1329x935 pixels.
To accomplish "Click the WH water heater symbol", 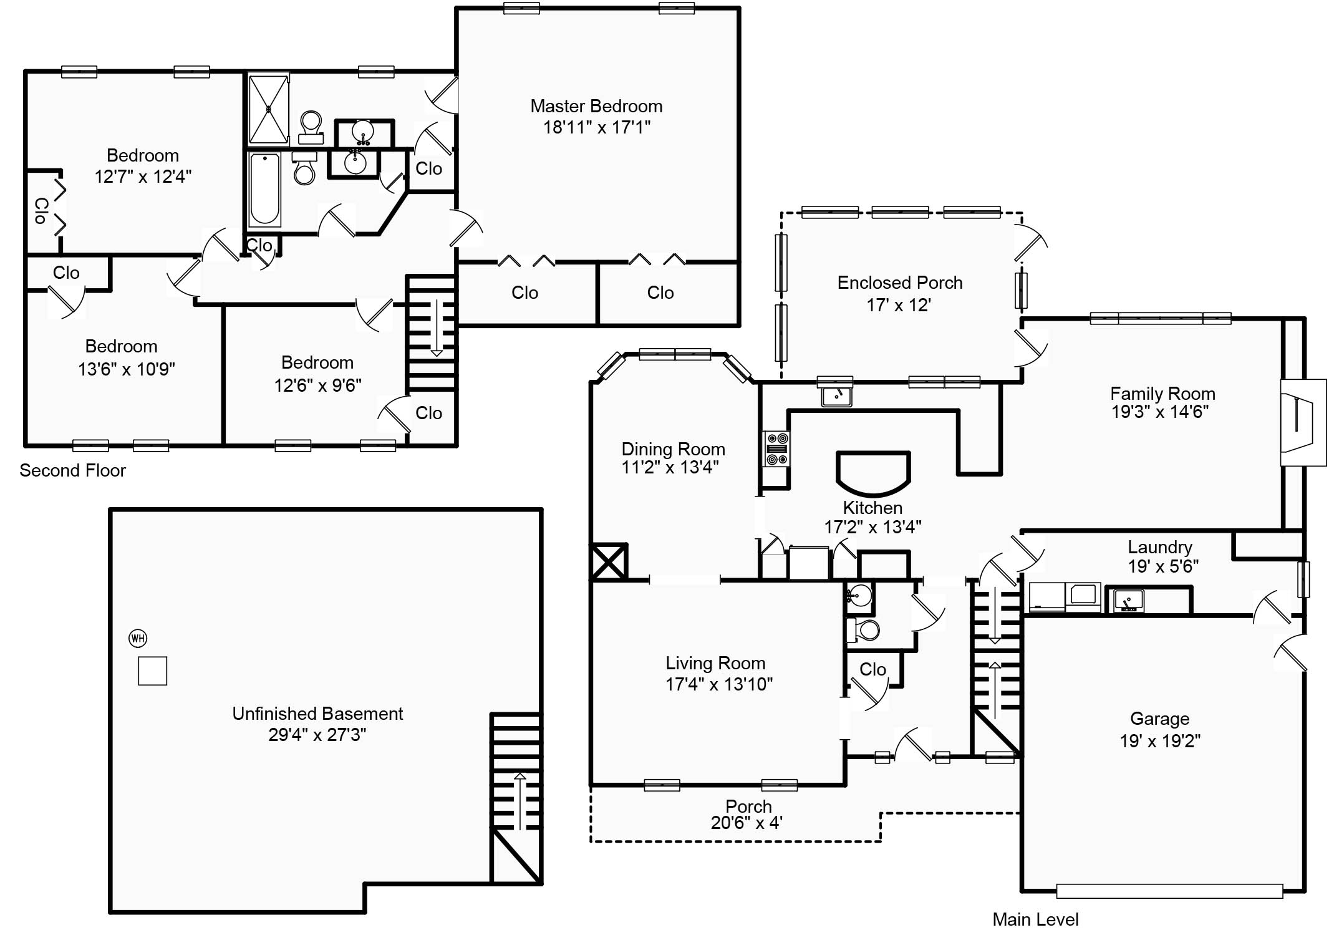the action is point(138,638).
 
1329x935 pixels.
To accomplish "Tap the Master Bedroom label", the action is point(596,106).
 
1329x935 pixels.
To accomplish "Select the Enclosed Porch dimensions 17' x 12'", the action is point(899,305).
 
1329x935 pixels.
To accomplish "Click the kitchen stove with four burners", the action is point(777,448).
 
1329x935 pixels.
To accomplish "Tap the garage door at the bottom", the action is point(1169,891).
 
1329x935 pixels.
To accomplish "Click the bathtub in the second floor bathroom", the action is point(264,189).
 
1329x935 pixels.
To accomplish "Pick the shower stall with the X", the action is point(269,109).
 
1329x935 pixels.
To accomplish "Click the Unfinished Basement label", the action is point(317,714).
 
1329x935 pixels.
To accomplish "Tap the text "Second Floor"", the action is point(72,470).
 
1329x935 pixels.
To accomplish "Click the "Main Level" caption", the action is point(1035,919).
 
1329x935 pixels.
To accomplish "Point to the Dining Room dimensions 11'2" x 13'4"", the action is point(670,467).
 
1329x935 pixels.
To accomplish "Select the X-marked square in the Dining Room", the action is point(609,561).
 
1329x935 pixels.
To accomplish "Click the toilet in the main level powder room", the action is point(863,630).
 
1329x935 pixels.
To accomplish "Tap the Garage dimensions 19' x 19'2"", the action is point(1160,741).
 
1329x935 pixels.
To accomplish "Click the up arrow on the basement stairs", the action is point(520,801).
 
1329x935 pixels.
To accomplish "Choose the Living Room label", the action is point(715,663).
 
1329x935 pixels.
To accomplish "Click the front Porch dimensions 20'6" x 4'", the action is point(747,823).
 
